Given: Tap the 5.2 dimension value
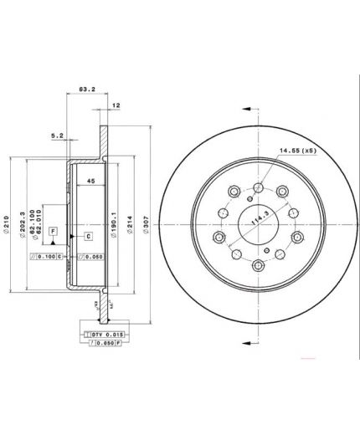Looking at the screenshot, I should tap(57, 135).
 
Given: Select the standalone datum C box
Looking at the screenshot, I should tap(87, 237).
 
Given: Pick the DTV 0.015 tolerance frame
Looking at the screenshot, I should tap(103, 334).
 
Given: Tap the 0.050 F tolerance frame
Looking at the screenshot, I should tap(103, 343).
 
